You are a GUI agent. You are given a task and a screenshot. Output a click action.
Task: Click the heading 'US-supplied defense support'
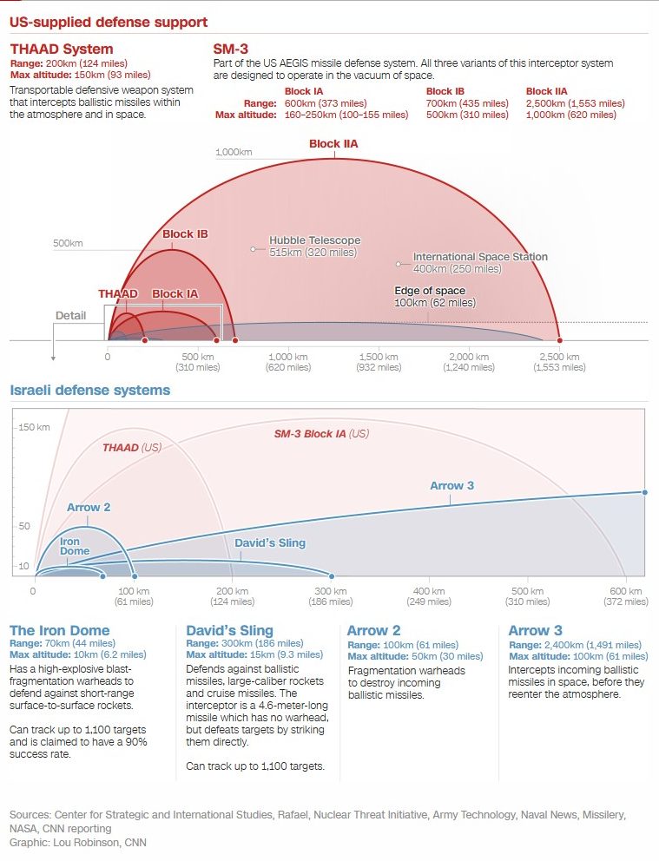pos(109,21)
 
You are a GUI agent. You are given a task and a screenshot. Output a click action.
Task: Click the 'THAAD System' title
pos(62,49)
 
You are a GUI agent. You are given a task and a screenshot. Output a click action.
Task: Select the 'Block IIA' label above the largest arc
pos(333,144)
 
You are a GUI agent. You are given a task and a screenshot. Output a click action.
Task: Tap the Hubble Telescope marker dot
pos(253,249)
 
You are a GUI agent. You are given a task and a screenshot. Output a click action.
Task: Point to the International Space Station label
pos(480,257)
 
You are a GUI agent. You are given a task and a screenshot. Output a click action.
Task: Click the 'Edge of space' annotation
pos(430,291)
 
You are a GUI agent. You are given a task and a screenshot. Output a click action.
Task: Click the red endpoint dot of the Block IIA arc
pos(560,340)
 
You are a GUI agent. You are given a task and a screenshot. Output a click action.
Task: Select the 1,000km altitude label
pos(234,153)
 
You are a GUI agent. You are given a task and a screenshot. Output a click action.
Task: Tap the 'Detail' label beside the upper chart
pos(70,315)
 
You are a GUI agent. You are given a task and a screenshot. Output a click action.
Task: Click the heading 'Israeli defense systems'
pos(90,391)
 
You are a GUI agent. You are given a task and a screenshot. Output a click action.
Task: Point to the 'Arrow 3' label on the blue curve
pos(451,485)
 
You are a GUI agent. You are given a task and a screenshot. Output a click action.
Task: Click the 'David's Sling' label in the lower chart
pos(270,543)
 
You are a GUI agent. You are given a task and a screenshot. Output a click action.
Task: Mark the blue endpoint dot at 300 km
pos(332,575)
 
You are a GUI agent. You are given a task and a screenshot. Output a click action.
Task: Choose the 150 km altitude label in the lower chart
pos(35,427)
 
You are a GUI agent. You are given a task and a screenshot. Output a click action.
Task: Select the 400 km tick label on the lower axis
pos(428,591)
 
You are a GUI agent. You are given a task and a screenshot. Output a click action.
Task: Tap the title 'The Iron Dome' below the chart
pos(59,631)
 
